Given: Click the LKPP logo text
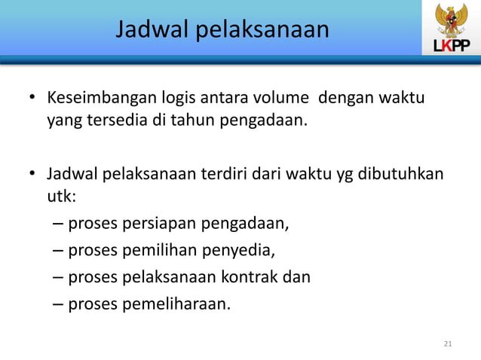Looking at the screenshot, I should coord(451,47).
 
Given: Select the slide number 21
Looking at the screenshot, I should coord(448,344).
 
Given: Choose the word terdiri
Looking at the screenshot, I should coord(226,175).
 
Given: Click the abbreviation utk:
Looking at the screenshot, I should coord(62,197).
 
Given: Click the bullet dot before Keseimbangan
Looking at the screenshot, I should coord(32,99).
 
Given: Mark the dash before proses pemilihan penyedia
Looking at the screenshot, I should coord(59,250).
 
